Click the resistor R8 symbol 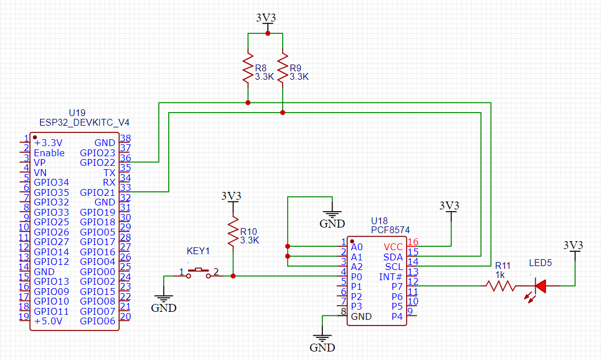248,68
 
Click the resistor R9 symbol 282,68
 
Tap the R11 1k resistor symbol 500,286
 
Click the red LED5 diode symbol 540,286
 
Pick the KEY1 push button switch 198,272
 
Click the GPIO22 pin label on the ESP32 97,162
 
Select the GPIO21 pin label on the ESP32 97,192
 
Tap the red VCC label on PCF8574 393,247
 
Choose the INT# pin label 390,277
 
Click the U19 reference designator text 76,113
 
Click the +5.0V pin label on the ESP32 48,321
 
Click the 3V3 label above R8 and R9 266,18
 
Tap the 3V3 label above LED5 574,245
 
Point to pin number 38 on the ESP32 125,138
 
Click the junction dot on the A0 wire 288,247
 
